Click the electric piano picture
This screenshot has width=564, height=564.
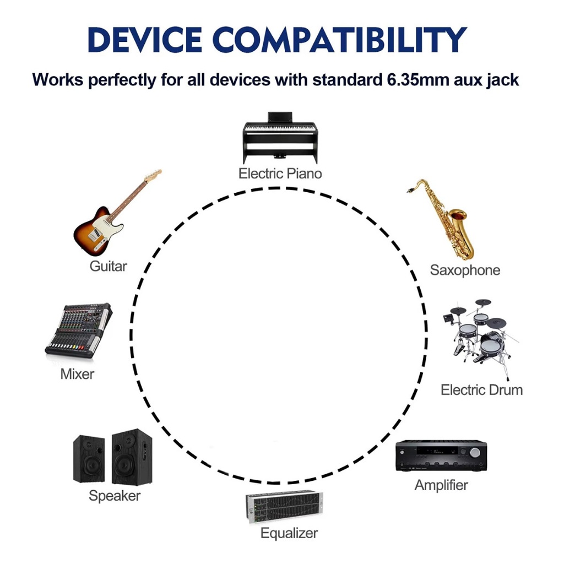pyautogui.click(x=280, y=138)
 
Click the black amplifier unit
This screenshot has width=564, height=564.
pyautogui.click(x=441, y=455)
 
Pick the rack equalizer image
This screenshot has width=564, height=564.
pyautogui.click(x=284, y=507)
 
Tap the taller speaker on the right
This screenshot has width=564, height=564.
pyautogui.click(x=132, y=457)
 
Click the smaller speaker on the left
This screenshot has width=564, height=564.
pyautogui.click(x=89, y=459)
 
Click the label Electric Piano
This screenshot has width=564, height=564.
pyautogui.click(x=280, y=173)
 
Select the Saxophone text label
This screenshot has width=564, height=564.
pyautogui.click(x=465, y=270)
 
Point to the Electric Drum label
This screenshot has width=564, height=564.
pyautogui.click(x=481, y=390)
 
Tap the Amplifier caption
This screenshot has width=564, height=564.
pyautogui.click(x=441, y=485)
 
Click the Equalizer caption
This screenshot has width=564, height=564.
pyautogui.click(x=289, y=533)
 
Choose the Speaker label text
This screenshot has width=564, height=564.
pyautogui.click(x=115, y=496)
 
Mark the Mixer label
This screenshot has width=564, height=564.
pyautogui.click(x=77, y=374)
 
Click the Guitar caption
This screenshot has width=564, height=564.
pyautogui.click(x=109, y=266)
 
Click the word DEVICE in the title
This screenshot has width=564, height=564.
pyautogui.click(x=145, y=39)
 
